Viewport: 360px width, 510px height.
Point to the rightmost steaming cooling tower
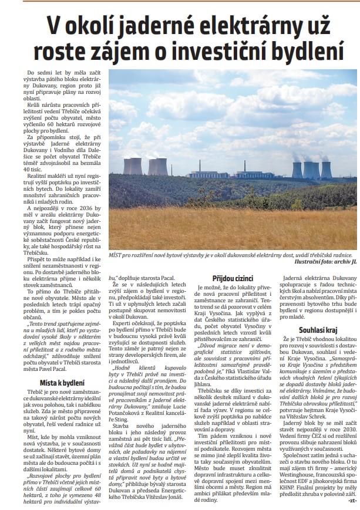pyautogui.click(x=326, y=169)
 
